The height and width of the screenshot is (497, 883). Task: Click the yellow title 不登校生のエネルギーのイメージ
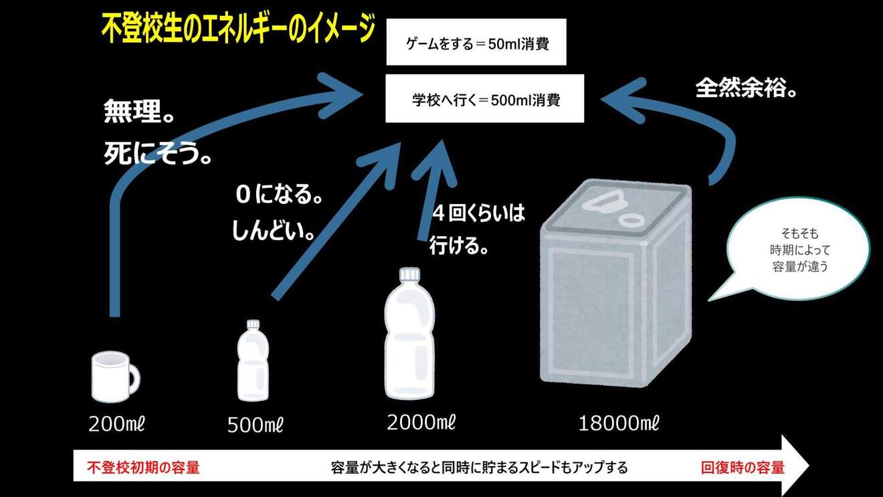(238, 31)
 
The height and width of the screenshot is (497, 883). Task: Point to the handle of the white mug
(134, 379)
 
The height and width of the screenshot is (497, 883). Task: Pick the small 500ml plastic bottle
(254, 362)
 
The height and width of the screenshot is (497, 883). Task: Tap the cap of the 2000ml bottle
(408, 275)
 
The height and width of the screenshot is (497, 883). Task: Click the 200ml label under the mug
(116, 423)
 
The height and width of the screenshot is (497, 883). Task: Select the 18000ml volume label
(618, 423)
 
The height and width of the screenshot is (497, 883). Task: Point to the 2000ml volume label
(421, 422)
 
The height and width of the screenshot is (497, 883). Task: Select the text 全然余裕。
(746, 88)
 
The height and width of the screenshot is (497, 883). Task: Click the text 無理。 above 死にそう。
(138, 112)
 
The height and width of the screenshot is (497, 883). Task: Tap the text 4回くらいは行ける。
(478, 229)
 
